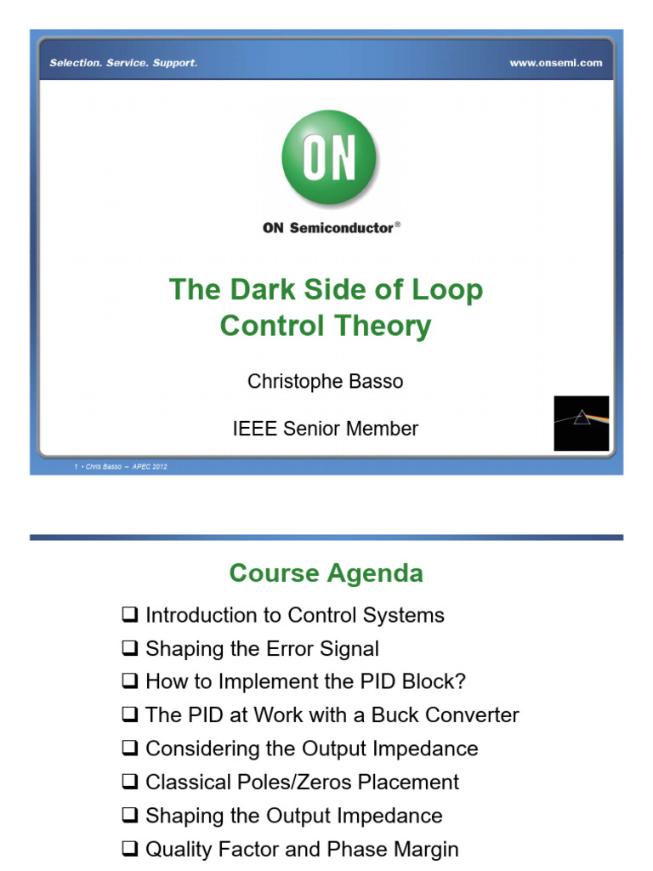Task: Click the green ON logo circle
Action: [x=329, y=157]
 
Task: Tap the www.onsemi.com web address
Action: [x=555, y=63]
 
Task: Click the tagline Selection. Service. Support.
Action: [x=123, y=63]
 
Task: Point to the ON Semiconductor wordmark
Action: [x=329, y=227]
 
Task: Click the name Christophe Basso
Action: [x=326, y=381]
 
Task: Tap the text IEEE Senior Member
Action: [x=326, y=429]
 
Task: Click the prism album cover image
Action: [x=582, y=423]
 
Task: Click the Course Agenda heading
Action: [x=326, y=573]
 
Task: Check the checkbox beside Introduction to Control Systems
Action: [x=129, y=615]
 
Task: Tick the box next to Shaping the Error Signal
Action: [x=129, y=649]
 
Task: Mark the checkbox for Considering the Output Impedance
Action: [x=129, y=749]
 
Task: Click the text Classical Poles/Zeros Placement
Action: [x=302, y=782]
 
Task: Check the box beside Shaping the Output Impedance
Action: [x=129, y=816]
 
